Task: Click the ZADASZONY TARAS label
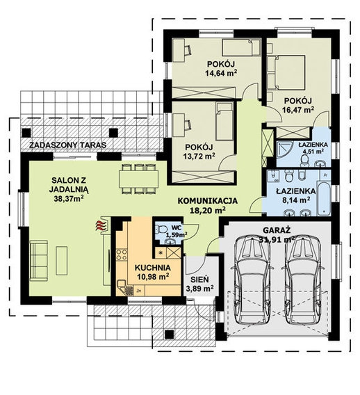[x=67, y=145]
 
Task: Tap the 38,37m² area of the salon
[x=69, y=199]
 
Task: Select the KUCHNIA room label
[x=153, y=268]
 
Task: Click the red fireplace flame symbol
[x=100, y=226]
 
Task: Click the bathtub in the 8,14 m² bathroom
[x=324, y=197]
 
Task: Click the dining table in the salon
[x=139, y=179]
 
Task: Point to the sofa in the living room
[x=39, y=261]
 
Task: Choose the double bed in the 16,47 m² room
[x=290, y=72]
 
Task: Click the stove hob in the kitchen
[x=122, y=255]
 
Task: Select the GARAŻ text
[x=277, y=230]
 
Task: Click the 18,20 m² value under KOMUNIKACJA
[x=207, y=210]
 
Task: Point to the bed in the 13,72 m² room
[x=224, y=122]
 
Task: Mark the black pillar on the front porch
[x=169, y=334]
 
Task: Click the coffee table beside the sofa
[x=62, y=261]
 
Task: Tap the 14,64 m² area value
[x=221, y=73]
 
